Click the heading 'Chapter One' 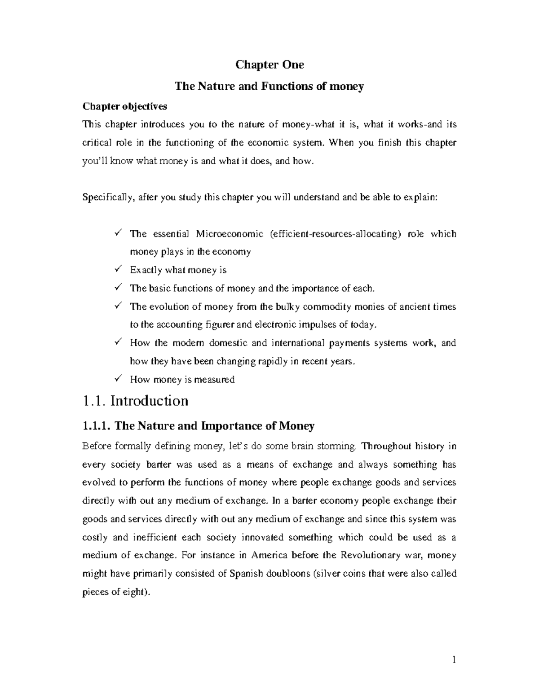point(269,65)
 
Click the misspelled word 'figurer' point(221,324)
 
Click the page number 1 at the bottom point(454,660)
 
